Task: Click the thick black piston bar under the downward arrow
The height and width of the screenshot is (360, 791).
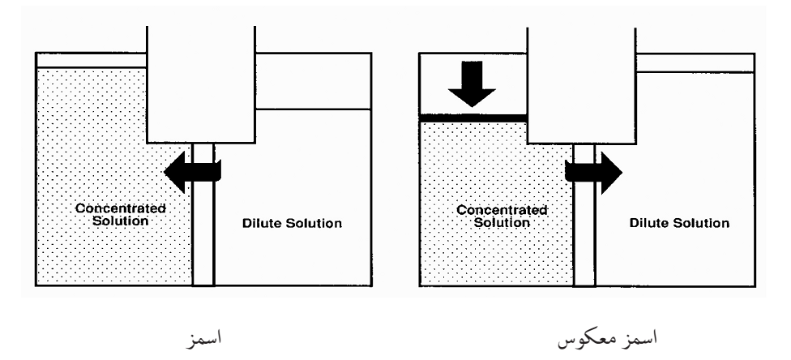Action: click(473, 118)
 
